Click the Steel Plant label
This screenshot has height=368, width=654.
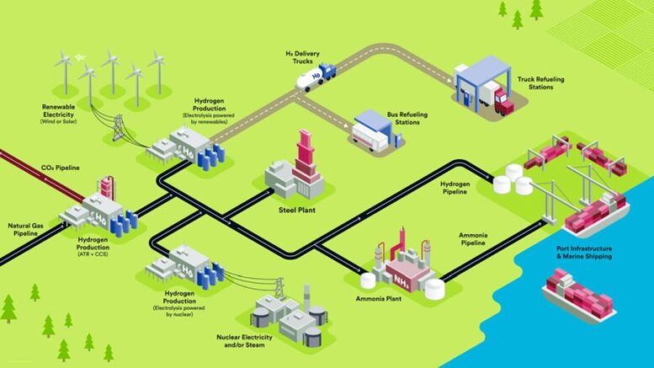click(x=296, y=210)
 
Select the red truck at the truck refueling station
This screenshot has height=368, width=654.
click(x=503, y=103)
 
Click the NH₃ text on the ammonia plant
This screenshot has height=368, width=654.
click(x=397, y=278)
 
